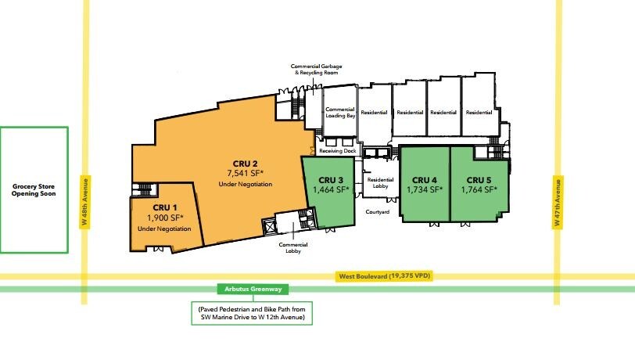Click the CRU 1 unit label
165,208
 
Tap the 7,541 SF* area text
245,174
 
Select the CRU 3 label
331,180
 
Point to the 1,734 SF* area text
425,189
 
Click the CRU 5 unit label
479,180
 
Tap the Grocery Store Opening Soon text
34,190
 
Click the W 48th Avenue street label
84,202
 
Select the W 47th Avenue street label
558,202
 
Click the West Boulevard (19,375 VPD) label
384,276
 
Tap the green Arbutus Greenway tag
253,289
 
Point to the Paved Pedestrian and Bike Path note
252,313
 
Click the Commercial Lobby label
293,248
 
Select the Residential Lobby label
380,183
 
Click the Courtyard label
378,212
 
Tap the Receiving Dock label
338,151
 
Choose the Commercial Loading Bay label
340,112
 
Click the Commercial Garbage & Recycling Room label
316,70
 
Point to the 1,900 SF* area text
165,218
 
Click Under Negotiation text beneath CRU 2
246,185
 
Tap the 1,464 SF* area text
331,189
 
